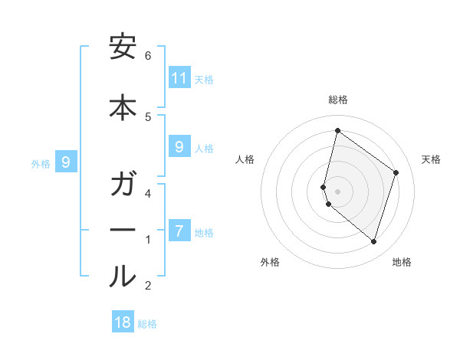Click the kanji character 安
click(x=123, y=48)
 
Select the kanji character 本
click(x=123, y=108)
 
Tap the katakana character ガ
click(x=123, y=186)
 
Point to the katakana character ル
click(x=123, y=277)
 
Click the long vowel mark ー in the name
click(x=123, y=231)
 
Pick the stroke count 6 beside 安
click(x=148, y=56)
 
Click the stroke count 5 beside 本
click(x=148, y=116)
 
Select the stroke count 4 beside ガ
click(x=148, y=193)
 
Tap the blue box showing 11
click(x=179, y=78)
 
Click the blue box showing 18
click(x=123, y=322)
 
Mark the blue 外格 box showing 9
click(x=67, y=162)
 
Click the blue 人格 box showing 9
click(x=179, y=147)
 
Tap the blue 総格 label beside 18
click(x=147, y=324)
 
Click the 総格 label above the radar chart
click(x=337, y=100)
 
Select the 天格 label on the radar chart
click(x=431, y=159)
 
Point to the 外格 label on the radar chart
click(x=270, y=262)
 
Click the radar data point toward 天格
click(x=396, y=172)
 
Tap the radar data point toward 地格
click(x=373, y=241)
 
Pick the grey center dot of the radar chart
click(x=337, y=191)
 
